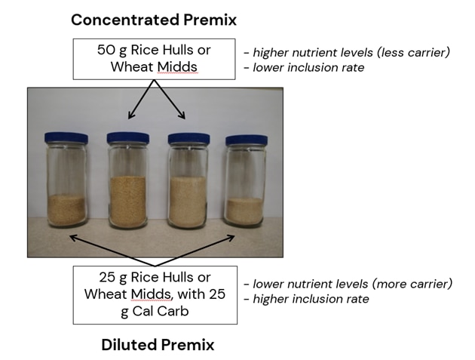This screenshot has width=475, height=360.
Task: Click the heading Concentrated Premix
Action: click(154, 20)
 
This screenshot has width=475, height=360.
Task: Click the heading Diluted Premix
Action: click(158, 345)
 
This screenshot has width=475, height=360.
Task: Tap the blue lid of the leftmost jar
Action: click(66, 138)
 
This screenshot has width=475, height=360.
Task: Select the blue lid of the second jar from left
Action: click(128, 138)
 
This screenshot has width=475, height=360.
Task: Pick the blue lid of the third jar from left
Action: click(189, 139)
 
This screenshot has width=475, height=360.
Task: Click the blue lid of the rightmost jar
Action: click(247, 140)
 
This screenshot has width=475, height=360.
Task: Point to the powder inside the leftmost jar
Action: click(66, 210)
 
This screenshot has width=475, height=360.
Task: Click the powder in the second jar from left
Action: click(128, 202)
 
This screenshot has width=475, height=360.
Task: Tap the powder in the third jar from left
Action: click(188, 202)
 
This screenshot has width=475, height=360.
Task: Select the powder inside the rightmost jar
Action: click(244, 211)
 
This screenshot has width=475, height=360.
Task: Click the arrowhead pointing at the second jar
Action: click(131, 115)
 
